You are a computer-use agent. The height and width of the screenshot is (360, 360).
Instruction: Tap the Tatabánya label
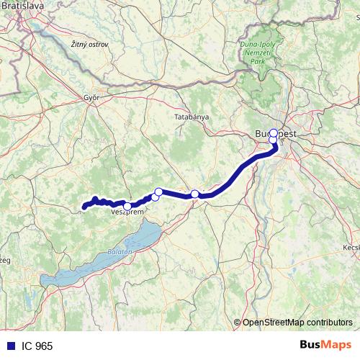192,116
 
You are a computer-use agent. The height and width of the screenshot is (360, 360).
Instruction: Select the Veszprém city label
129,214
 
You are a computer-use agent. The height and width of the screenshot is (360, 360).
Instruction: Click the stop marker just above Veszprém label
127,207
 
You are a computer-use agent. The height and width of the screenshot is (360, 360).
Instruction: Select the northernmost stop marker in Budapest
273,132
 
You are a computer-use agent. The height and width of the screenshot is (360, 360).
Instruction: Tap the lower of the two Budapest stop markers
273,140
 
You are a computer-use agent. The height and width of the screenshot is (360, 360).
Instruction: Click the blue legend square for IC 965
7,346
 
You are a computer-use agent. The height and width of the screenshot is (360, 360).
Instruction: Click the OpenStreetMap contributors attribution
297,322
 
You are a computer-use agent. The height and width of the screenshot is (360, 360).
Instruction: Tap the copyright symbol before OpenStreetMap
238,322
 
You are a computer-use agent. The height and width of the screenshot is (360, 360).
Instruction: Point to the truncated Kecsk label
351,248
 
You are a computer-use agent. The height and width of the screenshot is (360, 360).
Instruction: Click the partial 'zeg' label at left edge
5,260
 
